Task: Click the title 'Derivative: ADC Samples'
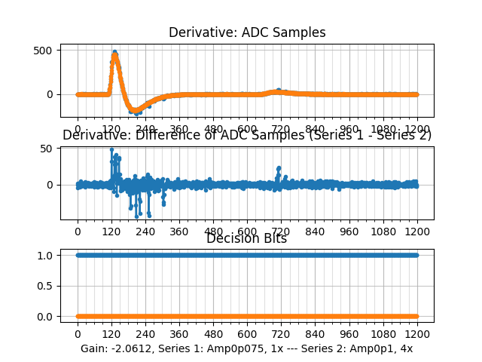click(247, 32)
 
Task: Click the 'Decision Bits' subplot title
click(247, 239)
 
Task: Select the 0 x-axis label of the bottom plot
click(77, 334)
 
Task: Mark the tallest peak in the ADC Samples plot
click(114, 52)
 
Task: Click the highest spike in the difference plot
click(111, 149)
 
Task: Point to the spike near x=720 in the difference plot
click(279, 168)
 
